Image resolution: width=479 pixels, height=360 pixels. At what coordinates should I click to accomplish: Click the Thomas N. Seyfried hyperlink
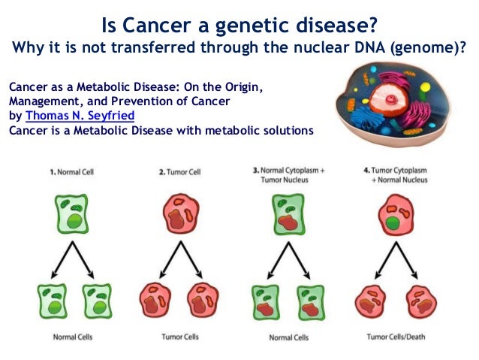click(80, 116)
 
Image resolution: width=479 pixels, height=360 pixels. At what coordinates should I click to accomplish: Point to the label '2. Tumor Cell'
click(180, 172)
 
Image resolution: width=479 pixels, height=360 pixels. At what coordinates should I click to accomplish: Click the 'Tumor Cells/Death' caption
click(394, 337)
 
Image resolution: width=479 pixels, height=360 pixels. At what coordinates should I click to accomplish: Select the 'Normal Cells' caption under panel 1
click(73, 337)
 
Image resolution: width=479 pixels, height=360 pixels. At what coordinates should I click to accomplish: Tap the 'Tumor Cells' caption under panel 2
click(180, 337)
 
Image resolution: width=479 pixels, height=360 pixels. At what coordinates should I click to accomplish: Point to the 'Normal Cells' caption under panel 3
click(288, 337)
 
